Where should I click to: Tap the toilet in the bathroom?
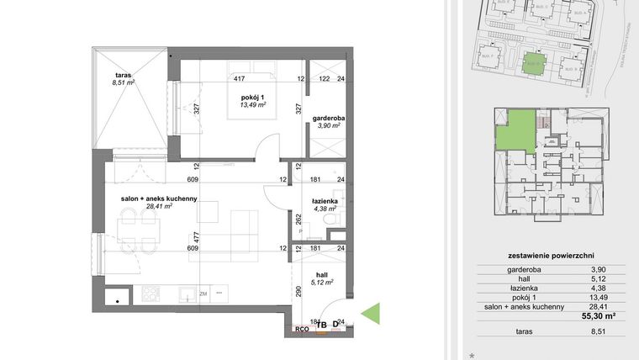[x=335, y=220]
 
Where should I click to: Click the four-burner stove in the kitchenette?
[x=151, y=294]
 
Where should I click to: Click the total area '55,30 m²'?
[x=599, y=316]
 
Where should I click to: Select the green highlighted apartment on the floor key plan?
[x=515, y=132]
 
